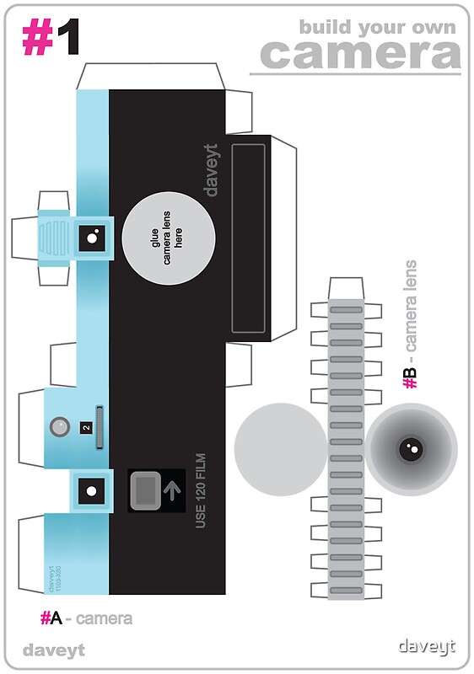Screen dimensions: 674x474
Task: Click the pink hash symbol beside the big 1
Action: point(37,37)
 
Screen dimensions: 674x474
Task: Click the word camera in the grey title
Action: point(360,55)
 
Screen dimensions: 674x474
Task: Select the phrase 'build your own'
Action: point(377,26)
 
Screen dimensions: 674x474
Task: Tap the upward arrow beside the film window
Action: point(174,489)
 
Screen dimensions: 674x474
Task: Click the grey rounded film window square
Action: point(148,489)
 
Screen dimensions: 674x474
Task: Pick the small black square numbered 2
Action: point(86,427)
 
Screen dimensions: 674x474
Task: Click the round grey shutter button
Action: point(59,427)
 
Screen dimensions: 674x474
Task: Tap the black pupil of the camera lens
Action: point(411,449)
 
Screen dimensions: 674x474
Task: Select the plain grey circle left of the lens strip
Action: point(280,443)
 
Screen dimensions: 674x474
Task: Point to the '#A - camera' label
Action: point(86,619)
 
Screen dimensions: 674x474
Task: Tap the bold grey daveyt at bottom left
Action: point(54,650)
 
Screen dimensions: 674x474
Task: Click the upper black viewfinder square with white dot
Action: point(91,238)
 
